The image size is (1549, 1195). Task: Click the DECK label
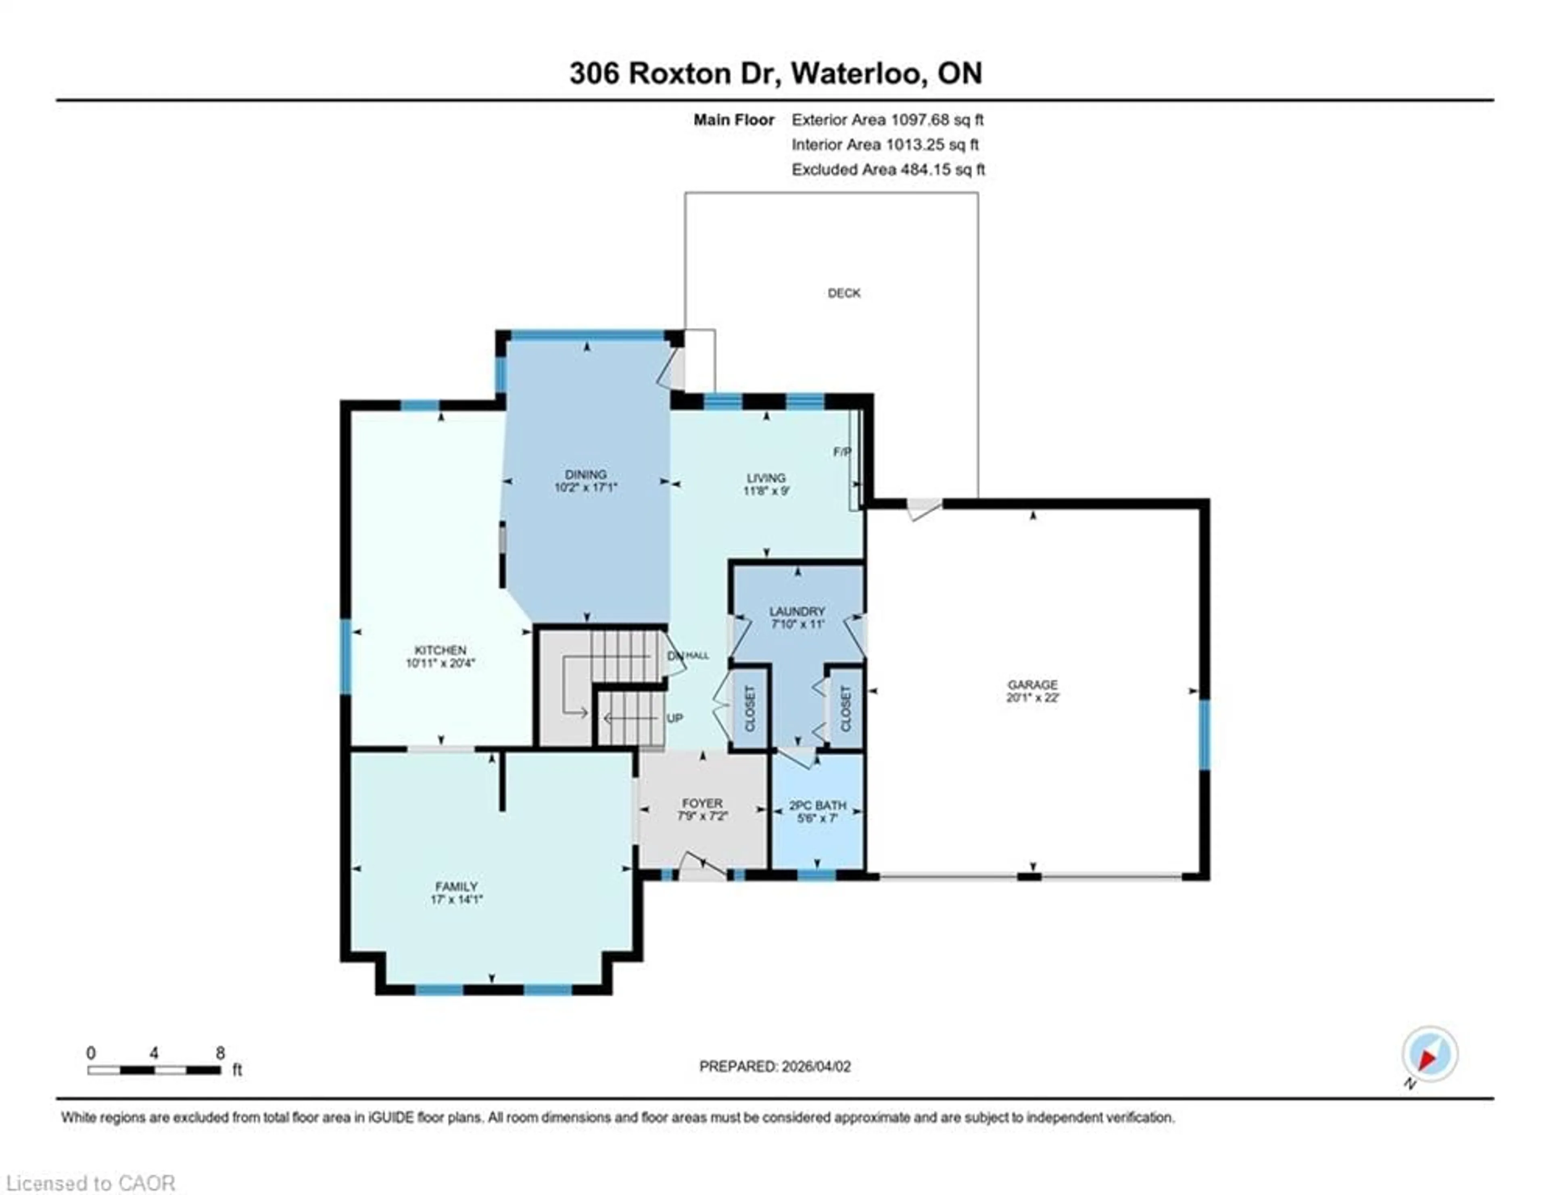click(843, 293)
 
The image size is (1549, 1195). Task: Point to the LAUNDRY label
click(797, 611)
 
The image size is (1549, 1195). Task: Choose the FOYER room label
click(702, 803)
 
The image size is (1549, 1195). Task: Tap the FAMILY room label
click(456, 887)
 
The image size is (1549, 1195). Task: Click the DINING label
click(586, 474)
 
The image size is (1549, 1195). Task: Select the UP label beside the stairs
click(674, 718)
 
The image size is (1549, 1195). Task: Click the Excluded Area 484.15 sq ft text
click(888, 169)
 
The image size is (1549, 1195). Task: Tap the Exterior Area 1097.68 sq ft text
click(887, 120)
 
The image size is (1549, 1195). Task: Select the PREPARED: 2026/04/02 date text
click(774, 1066)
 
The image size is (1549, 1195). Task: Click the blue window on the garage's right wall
click(1204, 735)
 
